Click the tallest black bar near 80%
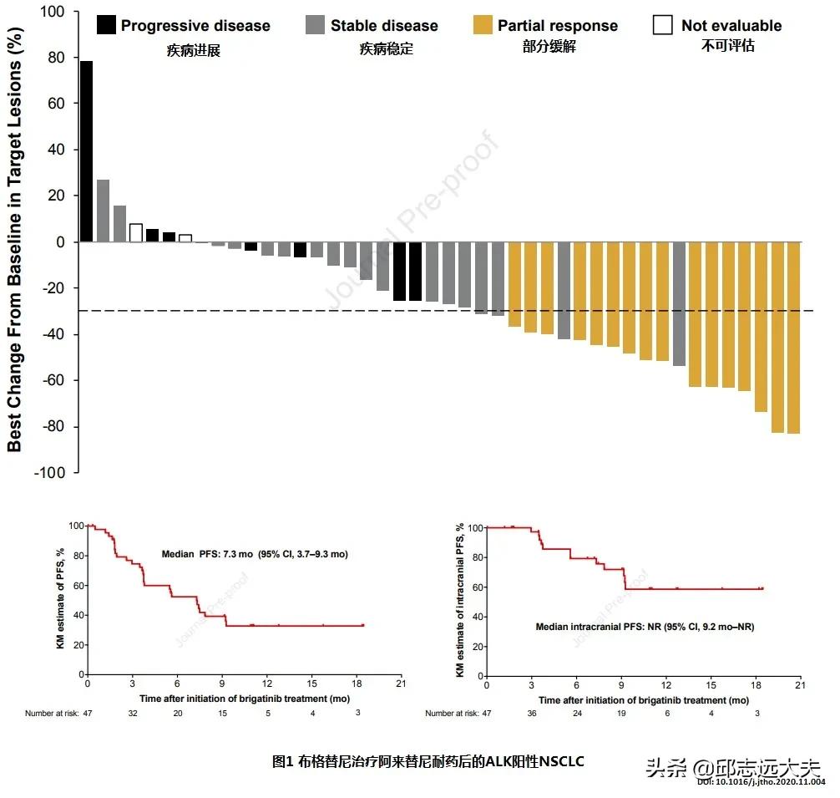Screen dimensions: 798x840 point(86,151)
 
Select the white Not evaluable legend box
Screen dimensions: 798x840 point(663,24)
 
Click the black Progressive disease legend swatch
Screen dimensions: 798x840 point(106,24)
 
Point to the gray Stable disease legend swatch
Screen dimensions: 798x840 point(315,24)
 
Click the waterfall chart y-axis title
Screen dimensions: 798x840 point(15,242)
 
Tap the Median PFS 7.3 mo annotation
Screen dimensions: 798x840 point(255,554)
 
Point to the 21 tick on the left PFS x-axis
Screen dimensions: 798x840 point(401,684)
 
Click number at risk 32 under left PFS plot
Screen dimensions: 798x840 point(132,713)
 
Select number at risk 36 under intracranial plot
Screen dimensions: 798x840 point(531,713)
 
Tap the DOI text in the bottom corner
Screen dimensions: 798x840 point(762,782)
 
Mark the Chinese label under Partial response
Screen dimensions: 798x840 point(549,47)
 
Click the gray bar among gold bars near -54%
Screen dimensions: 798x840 point(679,304)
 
